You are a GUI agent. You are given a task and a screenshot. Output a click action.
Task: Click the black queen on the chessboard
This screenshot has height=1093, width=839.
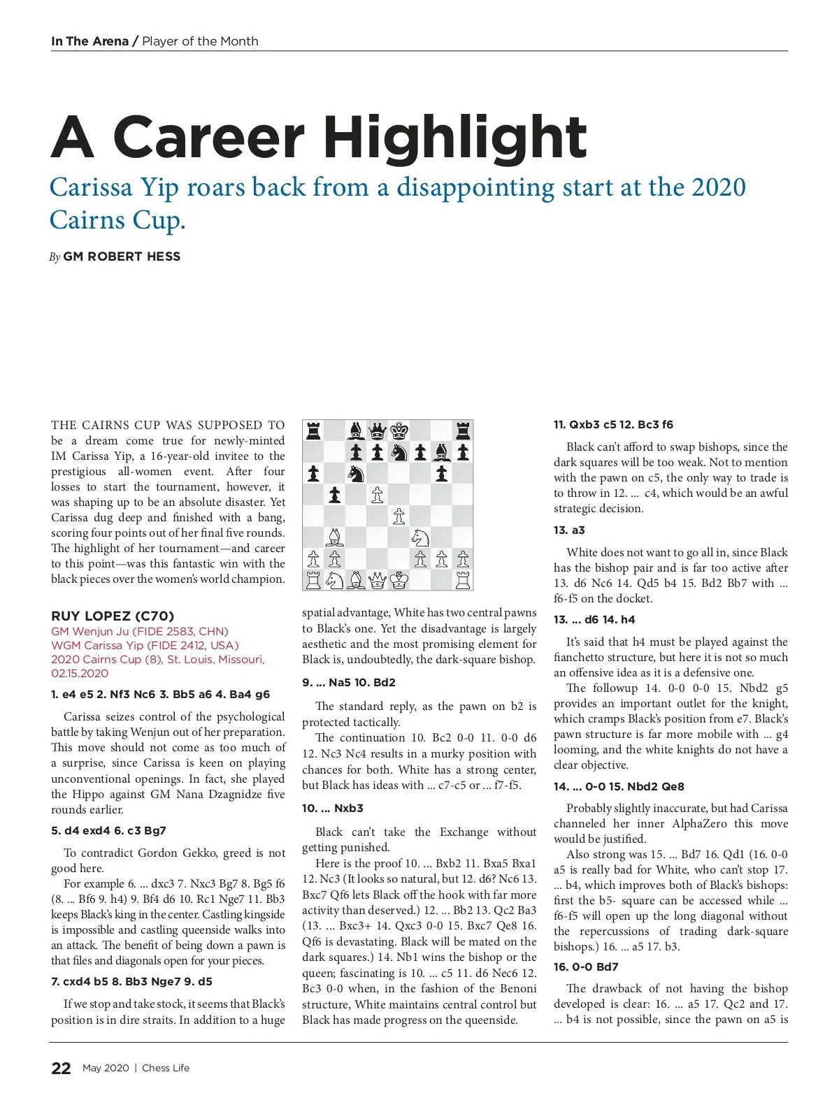click(378, 430)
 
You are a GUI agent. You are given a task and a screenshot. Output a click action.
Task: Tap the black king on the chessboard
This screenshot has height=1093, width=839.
click(399, 430)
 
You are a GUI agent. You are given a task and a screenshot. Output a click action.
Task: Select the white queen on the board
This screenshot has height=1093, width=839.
click(378, 580)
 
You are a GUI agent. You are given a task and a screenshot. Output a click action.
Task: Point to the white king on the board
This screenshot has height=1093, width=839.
click(399, 580)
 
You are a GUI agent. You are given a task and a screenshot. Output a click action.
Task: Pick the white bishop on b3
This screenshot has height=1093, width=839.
click(335, 537)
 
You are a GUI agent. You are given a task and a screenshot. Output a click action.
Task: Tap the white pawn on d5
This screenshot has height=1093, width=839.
click(378, 495)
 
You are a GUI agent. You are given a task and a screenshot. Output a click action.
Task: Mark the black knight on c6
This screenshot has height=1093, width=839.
click(356, 474)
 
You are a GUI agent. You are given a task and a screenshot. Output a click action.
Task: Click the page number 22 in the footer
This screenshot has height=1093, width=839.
click(61, 1068)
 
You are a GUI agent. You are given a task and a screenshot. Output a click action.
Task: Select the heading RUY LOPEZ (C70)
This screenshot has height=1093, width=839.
click(113, 616)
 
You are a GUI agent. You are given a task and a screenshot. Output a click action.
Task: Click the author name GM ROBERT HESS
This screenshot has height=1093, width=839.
click(122, 256)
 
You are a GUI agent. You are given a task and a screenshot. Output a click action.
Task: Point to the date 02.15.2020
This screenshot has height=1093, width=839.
click(80, 673)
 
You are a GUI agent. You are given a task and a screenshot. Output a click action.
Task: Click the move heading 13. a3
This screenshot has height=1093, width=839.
click(569, 530)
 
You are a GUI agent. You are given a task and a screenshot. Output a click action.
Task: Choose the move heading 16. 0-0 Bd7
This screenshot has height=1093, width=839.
click(586, 967)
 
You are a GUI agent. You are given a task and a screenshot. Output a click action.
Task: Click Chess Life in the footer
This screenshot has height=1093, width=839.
click(166, 1068)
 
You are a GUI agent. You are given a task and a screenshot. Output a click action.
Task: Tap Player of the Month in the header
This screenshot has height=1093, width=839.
click(200, 41)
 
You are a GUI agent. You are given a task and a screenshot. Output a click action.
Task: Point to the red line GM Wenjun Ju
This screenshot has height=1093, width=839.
click(140, 631)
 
